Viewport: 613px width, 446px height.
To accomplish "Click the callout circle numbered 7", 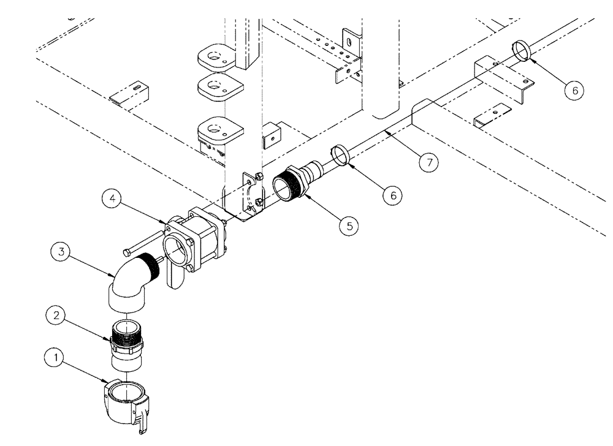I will click(x=430, y=162).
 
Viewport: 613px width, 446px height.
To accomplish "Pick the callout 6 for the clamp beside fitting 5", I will click(x=392, y=194).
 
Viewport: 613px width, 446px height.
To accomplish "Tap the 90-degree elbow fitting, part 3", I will click(x=129, y=281).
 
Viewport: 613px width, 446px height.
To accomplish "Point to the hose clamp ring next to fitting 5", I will click(x=341, y=154).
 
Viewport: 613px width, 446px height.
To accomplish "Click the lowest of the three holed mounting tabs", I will click(x=215, y=129).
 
